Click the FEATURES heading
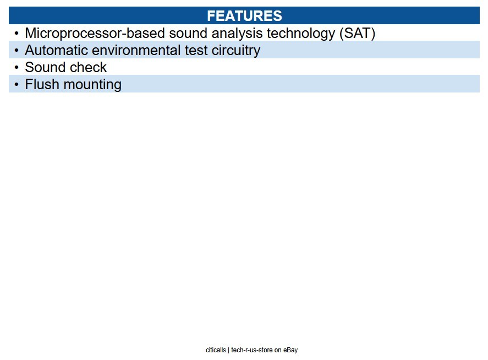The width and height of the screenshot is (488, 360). (244, 16)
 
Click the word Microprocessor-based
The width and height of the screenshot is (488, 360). (95, 34)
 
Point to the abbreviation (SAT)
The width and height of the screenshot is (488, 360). (357, 34)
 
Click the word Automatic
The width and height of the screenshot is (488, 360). (56, 50)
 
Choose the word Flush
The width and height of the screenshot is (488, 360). (42, 84)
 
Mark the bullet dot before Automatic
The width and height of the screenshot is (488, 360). (17, 50)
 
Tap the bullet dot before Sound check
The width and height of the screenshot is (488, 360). (17, 67)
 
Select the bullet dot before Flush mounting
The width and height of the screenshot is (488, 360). (17, 84)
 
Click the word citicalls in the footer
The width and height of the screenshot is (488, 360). (216, 350)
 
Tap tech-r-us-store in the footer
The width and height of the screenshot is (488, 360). (252, 350)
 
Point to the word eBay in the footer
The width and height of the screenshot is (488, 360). (290, 350)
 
